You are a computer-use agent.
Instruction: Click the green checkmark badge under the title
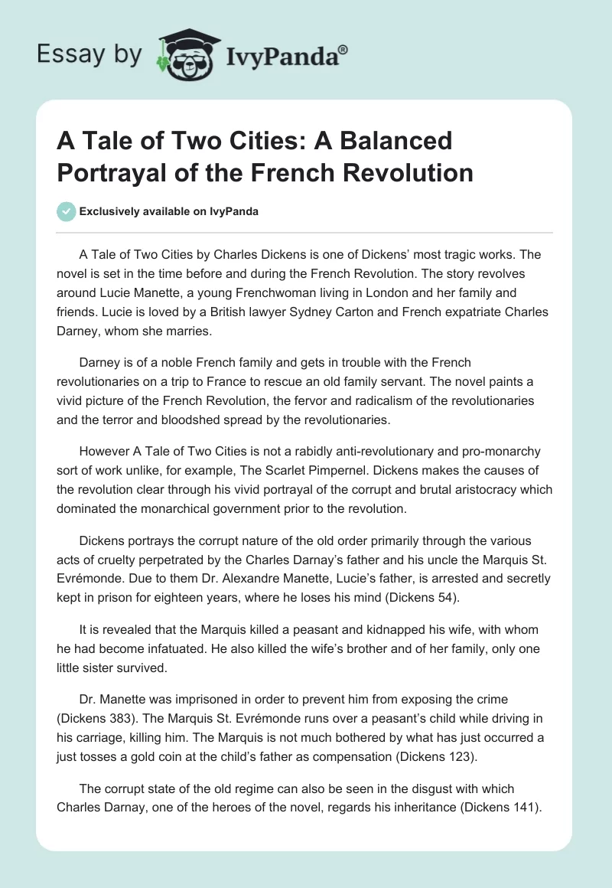tap(67, 211)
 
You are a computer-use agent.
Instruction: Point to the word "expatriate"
tap(467, 312)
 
